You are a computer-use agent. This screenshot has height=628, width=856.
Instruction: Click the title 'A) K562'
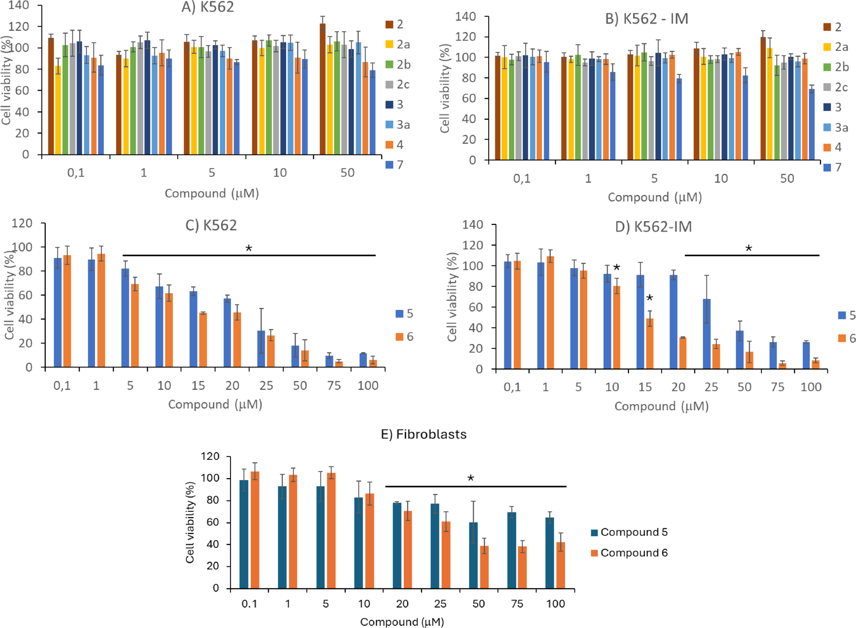[x=208, y=7]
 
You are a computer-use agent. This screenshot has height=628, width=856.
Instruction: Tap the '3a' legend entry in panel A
[x=398, y=125]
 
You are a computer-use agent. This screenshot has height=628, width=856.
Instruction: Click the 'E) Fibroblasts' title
[x=423, y=434]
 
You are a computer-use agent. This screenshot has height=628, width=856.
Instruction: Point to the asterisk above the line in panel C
[x=249, y=249]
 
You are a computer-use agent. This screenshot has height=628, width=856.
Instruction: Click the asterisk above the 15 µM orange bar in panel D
[x=649, y=298]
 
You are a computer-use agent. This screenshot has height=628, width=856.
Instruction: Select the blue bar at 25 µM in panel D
[x=706, y=334]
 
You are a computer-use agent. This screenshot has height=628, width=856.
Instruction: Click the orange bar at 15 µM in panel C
[x=203, y=340]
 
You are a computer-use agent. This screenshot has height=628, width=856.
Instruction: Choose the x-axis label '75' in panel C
[x=334, y=386]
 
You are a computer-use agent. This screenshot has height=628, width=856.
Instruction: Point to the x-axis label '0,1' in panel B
[x=522, y=178]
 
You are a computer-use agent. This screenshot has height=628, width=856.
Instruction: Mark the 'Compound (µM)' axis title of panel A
[x=212, y=193]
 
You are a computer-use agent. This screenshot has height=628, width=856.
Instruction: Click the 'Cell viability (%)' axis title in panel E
[x=190, y=522]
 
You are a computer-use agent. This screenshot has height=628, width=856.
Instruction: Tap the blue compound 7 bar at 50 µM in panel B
[x=812, y=124]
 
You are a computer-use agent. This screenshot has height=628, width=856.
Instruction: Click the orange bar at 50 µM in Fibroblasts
[x=484, y=567]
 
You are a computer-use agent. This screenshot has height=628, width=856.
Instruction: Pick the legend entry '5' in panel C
[x=405, y=313]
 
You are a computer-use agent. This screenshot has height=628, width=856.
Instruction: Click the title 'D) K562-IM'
[x=653, y=227]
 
